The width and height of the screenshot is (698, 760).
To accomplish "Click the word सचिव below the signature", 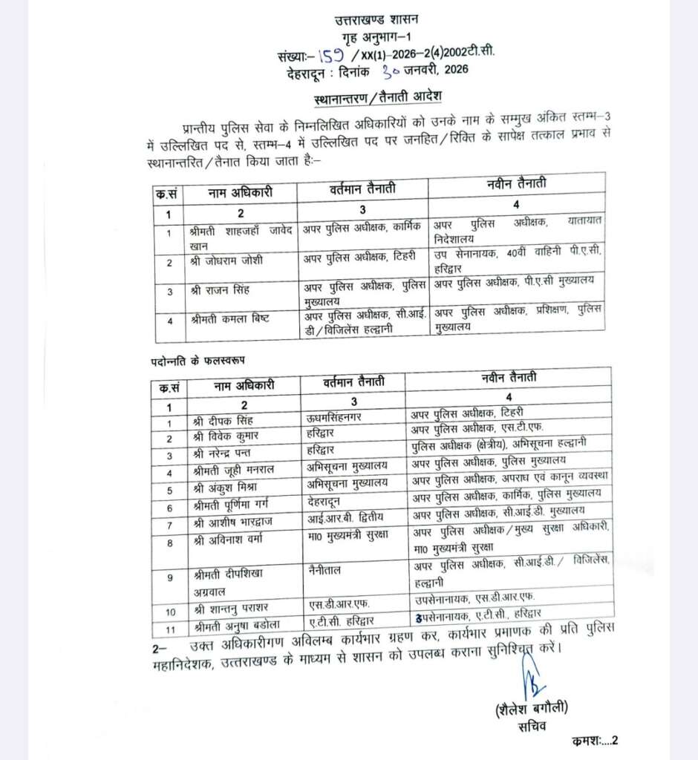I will tap(532, 726).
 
